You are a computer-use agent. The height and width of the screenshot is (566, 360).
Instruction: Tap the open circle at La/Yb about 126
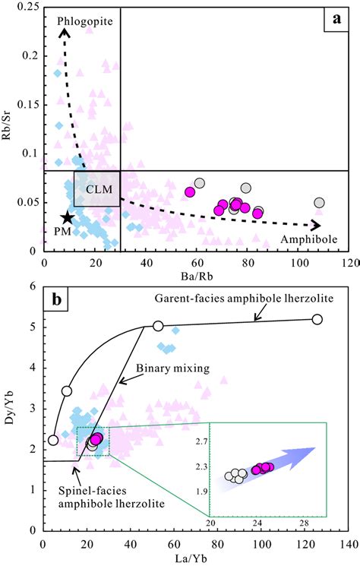point(317,319)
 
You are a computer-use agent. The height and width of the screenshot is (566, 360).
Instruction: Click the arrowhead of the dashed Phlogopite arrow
point(65,31)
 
